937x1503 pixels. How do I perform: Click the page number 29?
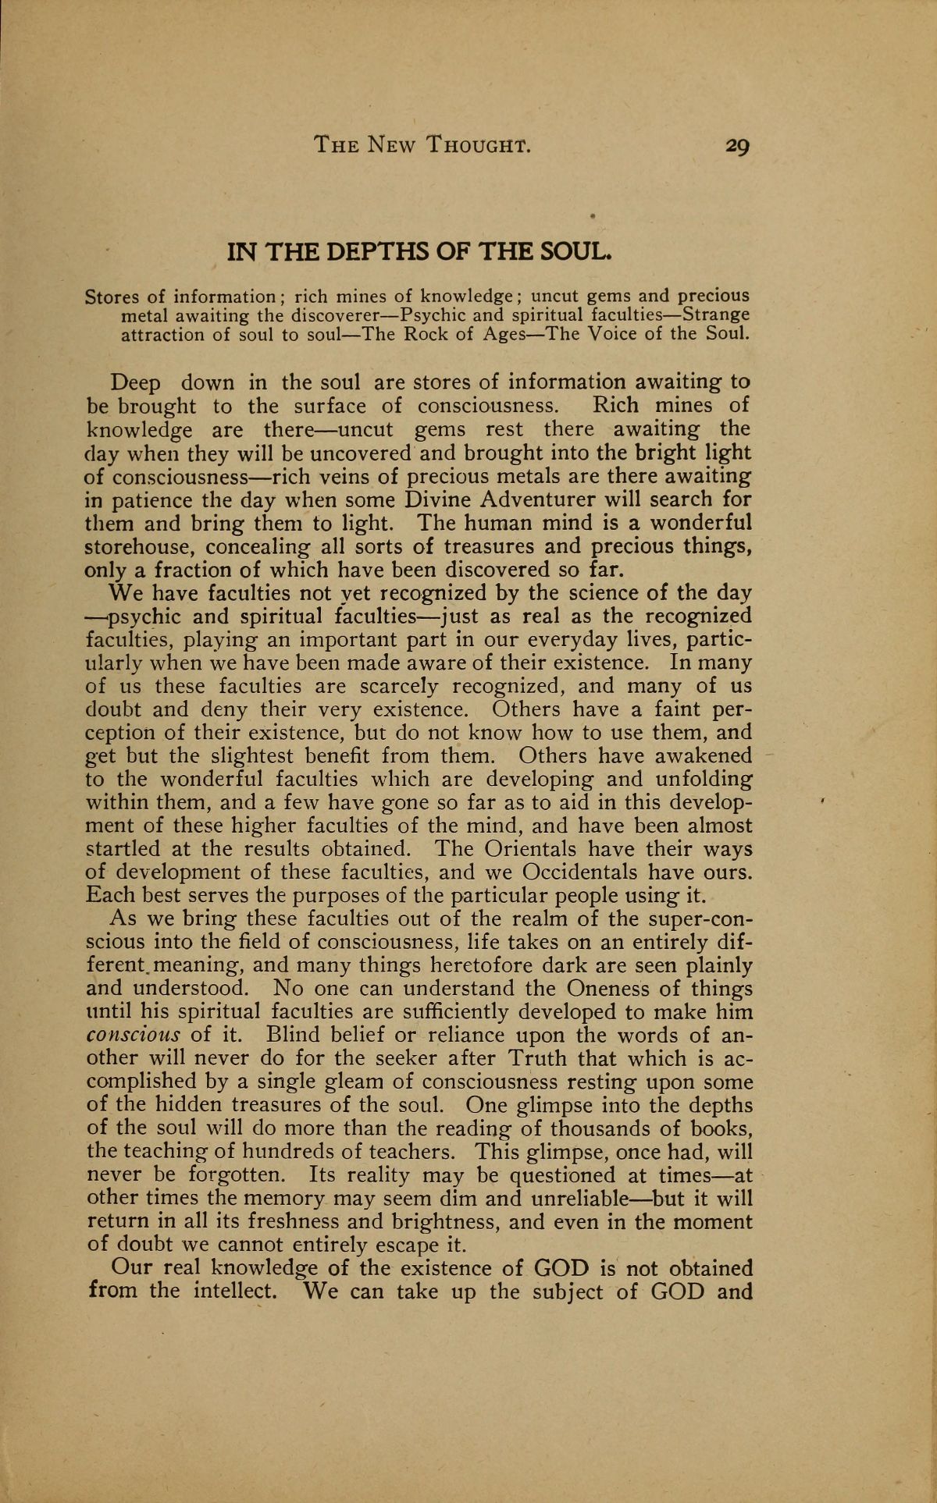tap(736, 146)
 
